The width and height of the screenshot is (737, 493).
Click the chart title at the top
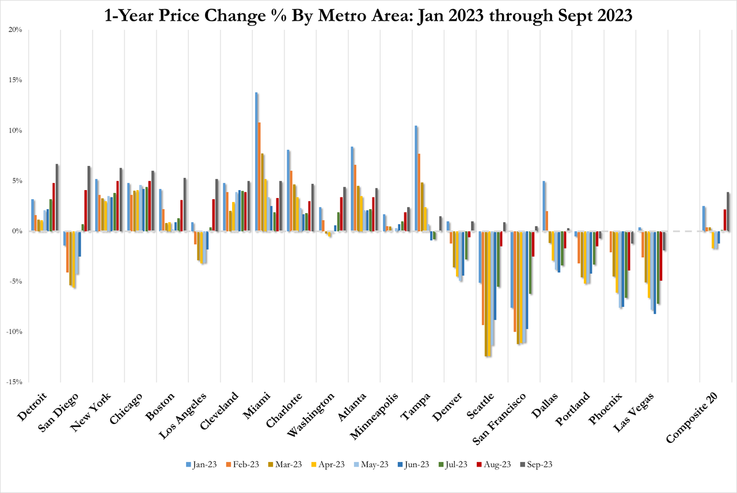pyautogui.click(x=368, y=16)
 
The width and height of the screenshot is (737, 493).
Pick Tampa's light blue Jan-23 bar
pyautogui.click(x=416, y=179)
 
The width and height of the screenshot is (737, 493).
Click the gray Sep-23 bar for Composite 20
pyautogui.click(x=728, y=211)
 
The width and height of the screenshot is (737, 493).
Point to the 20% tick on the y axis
pyautogui.click(x=16, y=29)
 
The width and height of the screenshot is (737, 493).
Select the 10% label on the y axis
pyautogui.click(x=16, y=130)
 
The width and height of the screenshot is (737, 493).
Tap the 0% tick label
pyautogui.click(x=17, y=231)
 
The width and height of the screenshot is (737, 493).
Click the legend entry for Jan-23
pyautogui.click(x=202, y=464)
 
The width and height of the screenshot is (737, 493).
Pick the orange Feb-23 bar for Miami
pyautogui.click(x=259, y=177)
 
